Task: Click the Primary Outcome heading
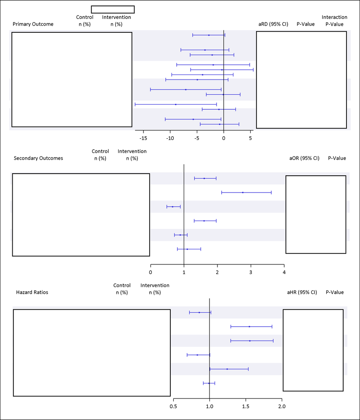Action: tap(33, 24)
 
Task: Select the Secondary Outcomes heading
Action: tap(38, 158)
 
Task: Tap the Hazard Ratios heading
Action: tap(32, 292)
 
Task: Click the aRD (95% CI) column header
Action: tap(273, 24)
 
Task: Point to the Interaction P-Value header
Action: tap(334, 21)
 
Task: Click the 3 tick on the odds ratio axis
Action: tap(251, 272)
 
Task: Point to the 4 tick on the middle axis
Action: tap(284, 272)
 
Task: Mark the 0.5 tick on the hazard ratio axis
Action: tap(173, 407)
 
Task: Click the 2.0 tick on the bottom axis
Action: tap(282, 407)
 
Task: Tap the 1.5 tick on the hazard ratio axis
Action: tap(246, 407)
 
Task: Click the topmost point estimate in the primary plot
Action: tap(209, 35)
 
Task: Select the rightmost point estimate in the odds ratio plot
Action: tap(243, 193)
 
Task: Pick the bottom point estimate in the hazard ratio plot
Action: tap(209, 383)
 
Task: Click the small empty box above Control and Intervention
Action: tap(113, 10)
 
